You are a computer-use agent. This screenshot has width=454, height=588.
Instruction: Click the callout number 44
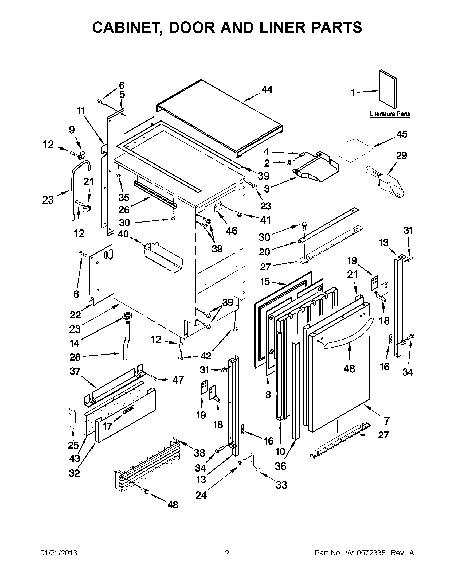267,89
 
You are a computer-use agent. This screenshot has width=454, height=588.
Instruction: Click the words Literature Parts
390,114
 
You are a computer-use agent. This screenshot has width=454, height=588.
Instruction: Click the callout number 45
402,134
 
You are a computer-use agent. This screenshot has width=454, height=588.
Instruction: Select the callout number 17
107,426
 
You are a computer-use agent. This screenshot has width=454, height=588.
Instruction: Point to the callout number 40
123,234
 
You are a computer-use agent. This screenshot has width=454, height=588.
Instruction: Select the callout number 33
281,485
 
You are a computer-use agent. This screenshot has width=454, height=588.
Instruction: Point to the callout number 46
232,231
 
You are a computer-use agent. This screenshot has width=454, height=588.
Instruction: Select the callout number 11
80,111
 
